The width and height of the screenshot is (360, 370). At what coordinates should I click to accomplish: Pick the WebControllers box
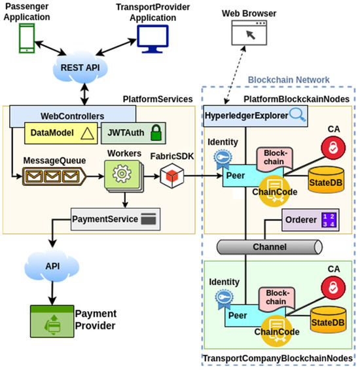click(x=52, y=115)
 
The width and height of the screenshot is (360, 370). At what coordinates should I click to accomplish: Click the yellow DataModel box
click(x=60, y=132)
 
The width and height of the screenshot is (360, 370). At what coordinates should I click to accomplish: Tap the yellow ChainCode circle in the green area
click(x=274, y=327)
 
